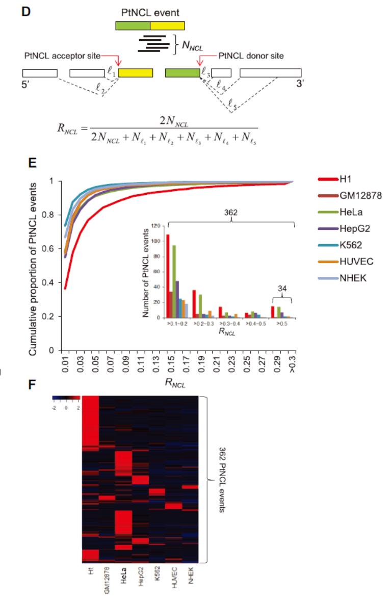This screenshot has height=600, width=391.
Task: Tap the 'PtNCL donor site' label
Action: [251, 55]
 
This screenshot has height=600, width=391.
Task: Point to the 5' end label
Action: [26, 84]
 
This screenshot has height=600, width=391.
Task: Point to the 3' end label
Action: [300, 84]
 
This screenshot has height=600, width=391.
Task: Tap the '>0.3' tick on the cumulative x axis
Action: [293, 363]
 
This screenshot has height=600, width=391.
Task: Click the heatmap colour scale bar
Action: [66, 397]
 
